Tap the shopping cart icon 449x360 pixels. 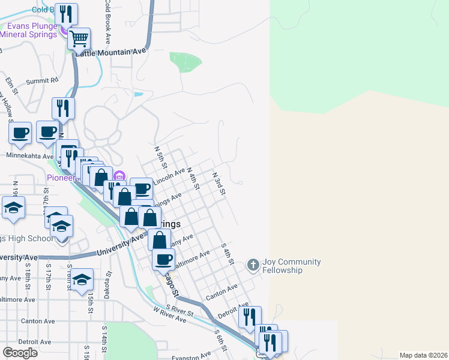click(79, 39)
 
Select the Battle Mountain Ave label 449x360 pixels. click(111, 52)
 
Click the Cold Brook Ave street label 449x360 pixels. click(107, 22)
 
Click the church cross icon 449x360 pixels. click(253, 264)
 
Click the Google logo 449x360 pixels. click(20, 353)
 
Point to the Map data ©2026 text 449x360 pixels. click(423, 355)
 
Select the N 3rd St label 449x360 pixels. click(218, 184)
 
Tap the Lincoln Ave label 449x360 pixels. click(169, 177)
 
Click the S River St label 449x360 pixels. click(181, 312)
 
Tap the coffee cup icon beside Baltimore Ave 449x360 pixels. click(163, 259)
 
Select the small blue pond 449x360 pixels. click(139, 94)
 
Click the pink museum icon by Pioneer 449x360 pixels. click(119, 176)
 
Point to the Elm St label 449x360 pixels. click(10, 81)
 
